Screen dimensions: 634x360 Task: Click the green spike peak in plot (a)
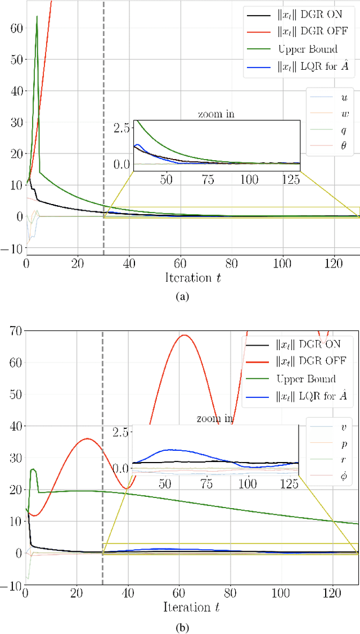click(x=37, y=16)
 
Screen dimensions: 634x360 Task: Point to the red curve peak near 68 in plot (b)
click(x=183, y=336)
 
